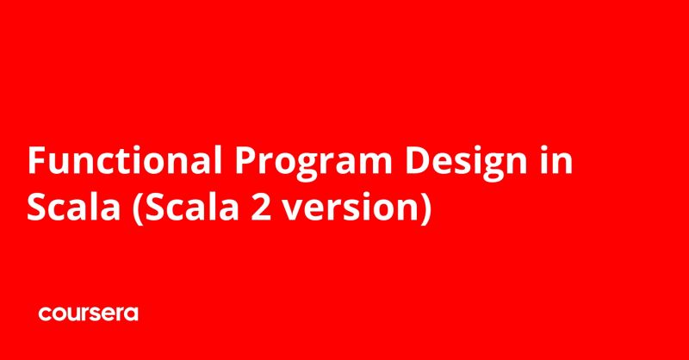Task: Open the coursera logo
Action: pyautogui.click(x=88, y=314)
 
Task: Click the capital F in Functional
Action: pyautogui.click(x=38, y=162)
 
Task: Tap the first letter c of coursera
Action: pyautogui.click(x=44, y=315)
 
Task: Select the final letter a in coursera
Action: pyautogui.click(x=132, y=315)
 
